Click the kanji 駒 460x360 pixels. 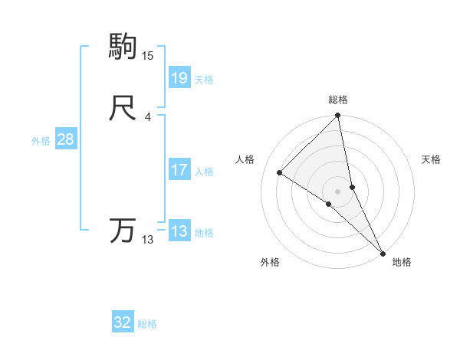(x=123, y=47)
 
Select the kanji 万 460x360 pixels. (x=123, y=231)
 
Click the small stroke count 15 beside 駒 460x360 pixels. (x=148, y=56)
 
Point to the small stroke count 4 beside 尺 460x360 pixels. (x=147, y=117)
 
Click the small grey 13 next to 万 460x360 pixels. (x=148, y=240)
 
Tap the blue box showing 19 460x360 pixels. (x=179, y=77)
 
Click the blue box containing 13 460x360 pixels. (x=179, y=231)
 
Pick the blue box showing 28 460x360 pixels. (x=65, y=139)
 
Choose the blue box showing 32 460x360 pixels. (x=123, y=322)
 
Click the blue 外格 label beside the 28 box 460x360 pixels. (x=41, y=141)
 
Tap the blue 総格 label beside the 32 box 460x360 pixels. (x=147, y=324)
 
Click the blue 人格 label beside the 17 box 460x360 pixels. (x=204, y=172)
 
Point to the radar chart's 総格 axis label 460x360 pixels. (x=338, y=100)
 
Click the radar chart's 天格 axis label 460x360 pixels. (x=432, y=159)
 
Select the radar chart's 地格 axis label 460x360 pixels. (x=402, y=262)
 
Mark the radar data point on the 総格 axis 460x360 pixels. (x=338, y=116)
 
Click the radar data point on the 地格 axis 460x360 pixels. (x=383, y=252)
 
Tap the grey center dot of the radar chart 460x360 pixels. (x=338, y=190)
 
